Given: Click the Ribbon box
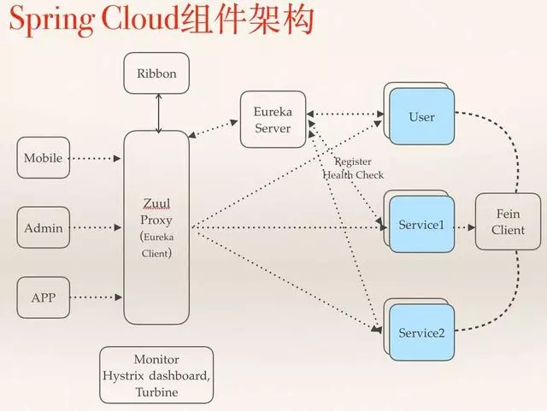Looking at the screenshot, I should pos(156,73).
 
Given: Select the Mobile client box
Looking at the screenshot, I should pos(42,158).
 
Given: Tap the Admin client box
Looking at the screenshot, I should pos(42,228).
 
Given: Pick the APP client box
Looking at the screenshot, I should pos(42,297).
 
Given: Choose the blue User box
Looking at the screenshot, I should pos(421,116).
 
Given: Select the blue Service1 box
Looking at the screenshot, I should pos(421,226).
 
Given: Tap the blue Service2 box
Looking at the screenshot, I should pos(421,332).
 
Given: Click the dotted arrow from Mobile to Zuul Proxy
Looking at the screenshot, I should pos(95,158).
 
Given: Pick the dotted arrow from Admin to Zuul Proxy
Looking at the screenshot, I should pos(95,228).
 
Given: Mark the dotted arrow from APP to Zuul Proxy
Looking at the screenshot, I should pos(95,297).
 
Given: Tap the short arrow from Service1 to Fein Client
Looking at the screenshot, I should pos(462,228).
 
